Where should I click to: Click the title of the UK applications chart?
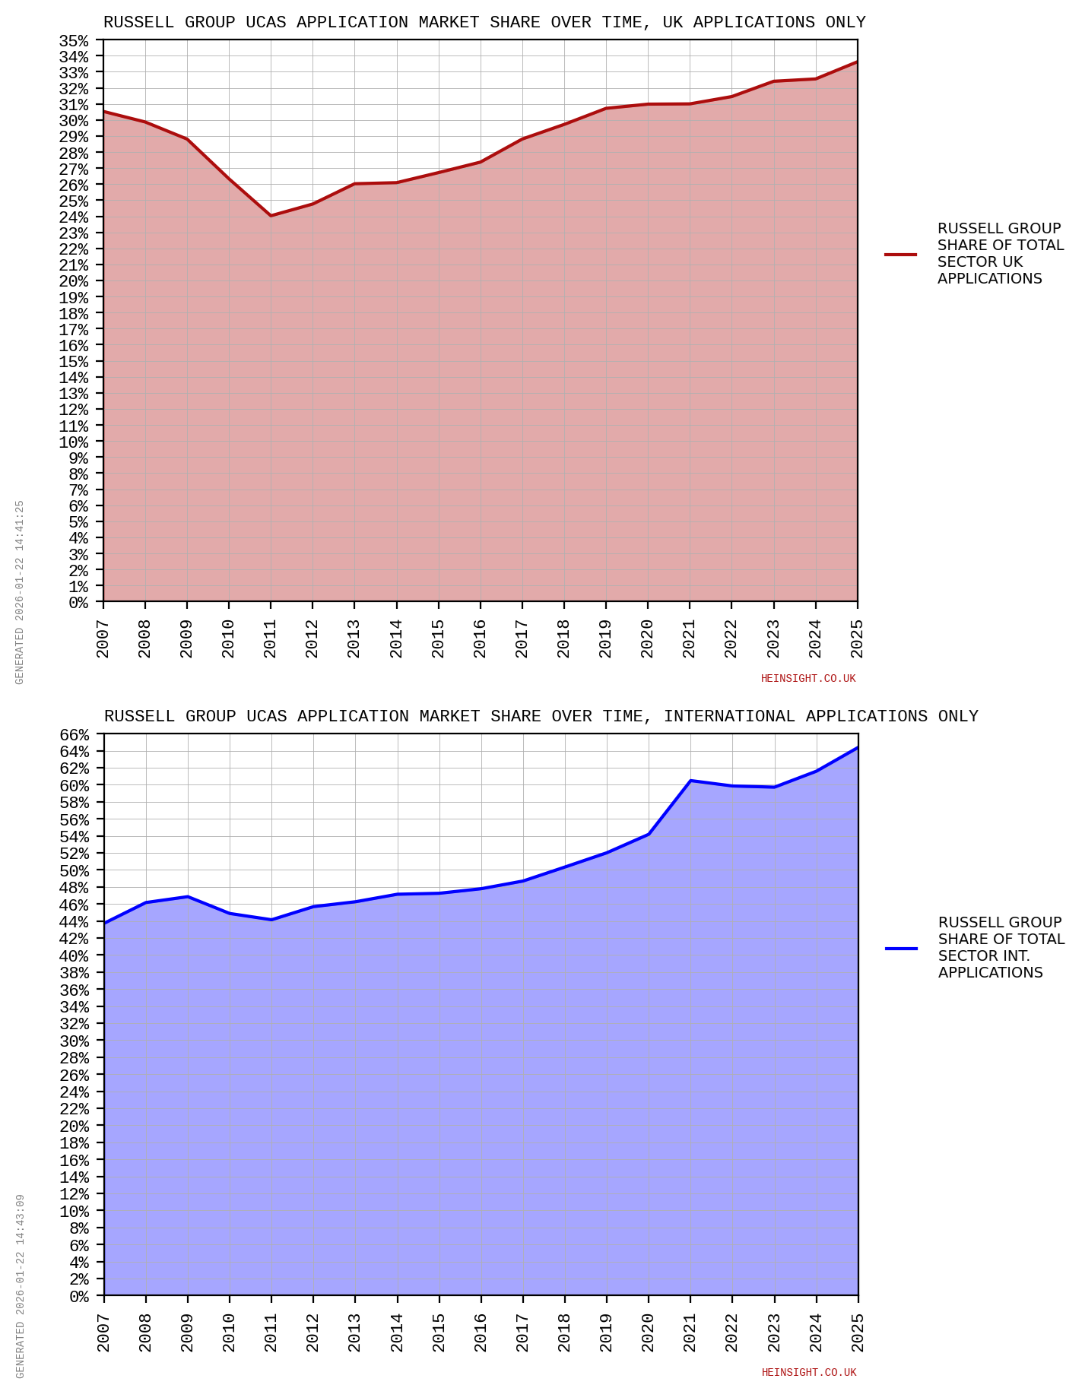click(484, 23)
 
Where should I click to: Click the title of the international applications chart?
click(541, 717)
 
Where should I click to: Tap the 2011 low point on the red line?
click(271, 216)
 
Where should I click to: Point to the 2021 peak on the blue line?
click(690, 781)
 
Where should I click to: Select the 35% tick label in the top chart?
click(74, 40)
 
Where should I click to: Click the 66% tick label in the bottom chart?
click(75, 735)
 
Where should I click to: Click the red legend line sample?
click(900, 255)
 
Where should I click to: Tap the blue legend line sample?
click(901, 949)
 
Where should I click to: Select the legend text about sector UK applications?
click(1000, 254)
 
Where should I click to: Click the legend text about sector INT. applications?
click(1001, 948)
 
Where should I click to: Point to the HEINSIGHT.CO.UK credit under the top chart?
click(808, 679)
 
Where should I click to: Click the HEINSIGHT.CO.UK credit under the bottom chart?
click(809, 1373)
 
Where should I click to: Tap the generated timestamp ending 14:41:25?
click(21, 592)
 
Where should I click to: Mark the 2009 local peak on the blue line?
click(187, 897)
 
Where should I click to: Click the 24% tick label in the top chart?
click(74, 217)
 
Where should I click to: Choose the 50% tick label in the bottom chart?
click(75, 870)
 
